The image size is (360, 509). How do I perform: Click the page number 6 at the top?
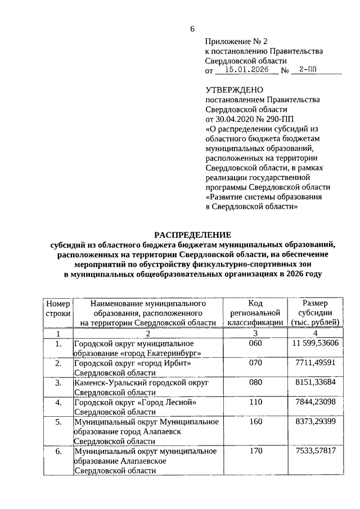pos(192,29)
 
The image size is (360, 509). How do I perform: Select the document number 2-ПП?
pos(308,70)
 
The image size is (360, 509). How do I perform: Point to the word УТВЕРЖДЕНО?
pos(234,89)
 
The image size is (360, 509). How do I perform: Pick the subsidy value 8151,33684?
pos(316,382)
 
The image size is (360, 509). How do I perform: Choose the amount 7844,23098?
pos(316,402)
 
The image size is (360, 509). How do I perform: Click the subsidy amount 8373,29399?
pos(316,421)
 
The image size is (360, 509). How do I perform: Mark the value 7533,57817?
pos(316,451)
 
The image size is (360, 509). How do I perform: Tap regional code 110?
pos(255,402)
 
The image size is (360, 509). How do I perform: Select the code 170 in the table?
pos(255,451)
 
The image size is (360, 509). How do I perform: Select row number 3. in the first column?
pos(58,382)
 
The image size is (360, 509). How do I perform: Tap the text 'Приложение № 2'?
pos(237,42)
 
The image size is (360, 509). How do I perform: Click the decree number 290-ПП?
pos(273,119)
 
